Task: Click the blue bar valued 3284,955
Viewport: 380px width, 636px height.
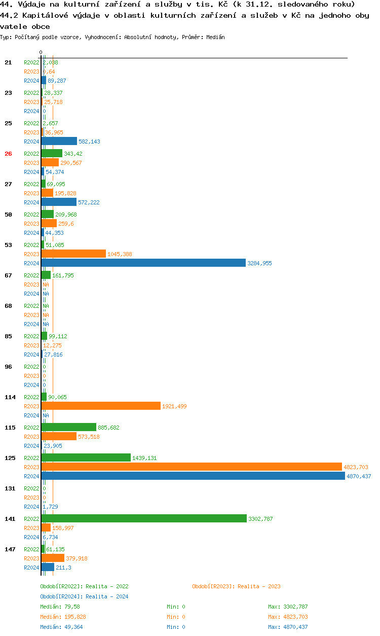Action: tap(143, 263)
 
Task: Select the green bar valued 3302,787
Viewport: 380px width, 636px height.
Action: tap(144, 518)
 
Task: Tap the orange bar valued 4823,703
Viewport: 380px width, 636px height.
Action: tap(192, 467)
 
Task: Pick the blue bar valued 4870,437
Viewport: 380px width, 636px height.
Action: tap(193, 476)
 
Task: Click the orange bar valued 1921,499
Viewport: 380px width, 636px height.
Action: tap(101, 406)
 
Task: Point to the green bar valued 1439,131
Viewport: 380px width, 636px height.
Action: tap(86, 457)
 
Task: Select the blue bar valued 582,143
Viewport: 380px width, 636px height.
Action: tap(59, 141)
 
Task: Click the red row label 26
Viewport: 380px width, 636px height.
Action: tap(8, 154)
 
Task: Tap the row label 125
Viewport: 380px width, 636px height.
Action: tap(10, 458)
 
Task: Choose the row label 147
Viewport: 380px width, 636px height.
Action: tap(10, 549)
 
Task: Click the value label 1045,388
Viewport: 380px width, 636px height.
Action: tap(120, 254)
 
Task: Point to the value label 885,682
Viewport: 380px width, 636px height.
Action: tap(108, 428)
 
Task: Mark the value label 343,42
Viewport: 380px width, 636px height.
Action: tap(73, 154)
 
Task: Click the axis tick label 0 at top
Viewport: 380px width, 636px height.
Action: tap(41, 52)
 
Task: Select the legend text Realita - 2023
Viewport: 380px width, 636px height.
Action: tap(259, 586)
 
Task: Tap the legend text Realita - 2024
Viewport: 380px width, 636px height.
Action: tap(107, 596)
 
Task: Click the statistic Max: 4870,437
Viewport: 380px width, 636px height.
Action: tap(288, 627)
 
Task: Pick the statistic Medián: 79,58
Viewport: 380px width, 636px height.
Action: tap(60, 607)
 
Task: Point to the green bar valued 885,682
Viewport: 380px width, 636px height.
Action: tap(68, 427)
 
